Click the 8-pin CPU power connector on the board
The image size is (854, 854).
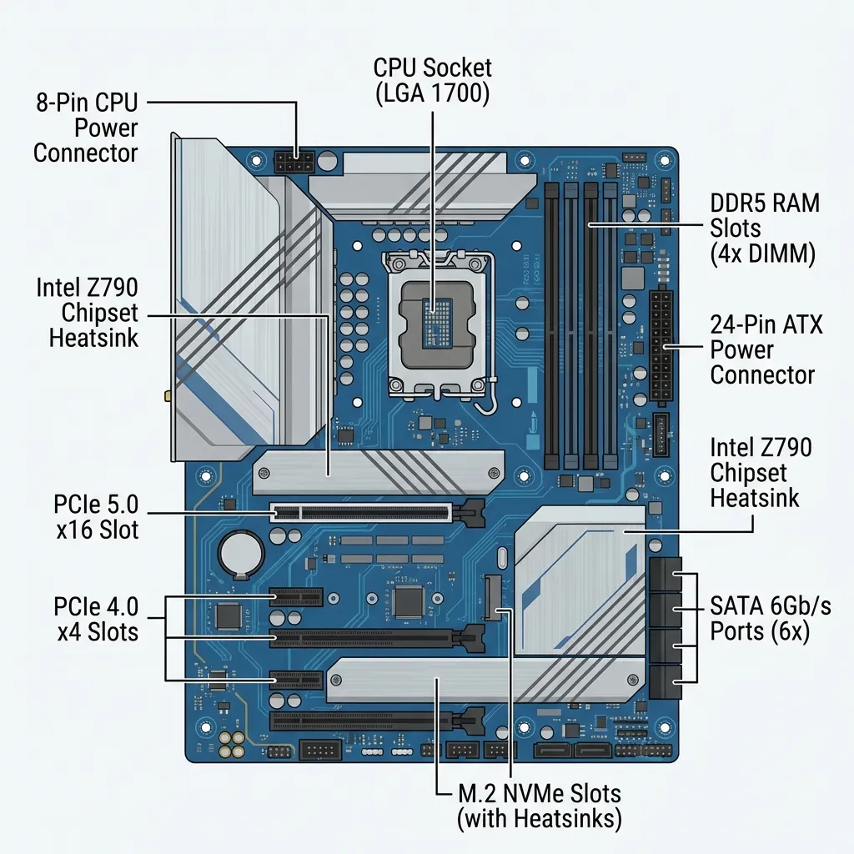(293, 161)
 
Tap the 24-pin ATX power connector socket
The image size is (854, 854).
(663, 345)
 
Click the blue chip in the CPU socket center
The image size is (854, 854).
(433, 321)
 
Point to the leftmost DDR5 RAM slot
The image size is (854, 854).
(551, 325)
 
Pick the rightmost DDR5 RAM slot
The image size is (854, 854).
(611, 325)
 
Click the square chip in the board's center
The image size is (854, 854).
(409, 600)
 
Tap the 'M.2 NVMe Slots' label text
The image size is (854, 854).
(540, 792)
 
